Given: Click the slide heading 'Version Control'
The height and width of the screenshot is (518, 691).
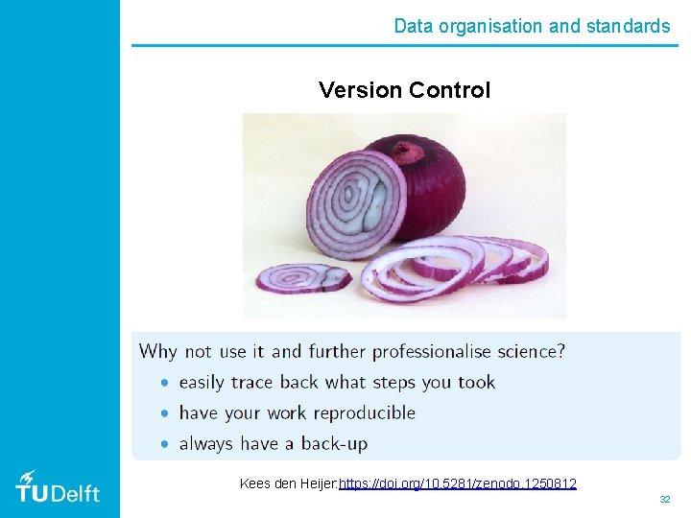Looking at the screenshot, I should [x=404, y=90].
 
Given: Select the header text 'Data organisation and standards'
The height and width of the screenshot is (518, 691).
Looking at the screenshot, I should [x=532, y=26].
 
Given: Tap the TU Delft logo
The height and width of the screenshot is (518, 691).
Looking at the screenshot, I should [x=58, y=488].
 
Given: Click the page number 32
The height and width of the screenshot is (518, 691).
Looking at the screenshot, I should [x=664, y=500].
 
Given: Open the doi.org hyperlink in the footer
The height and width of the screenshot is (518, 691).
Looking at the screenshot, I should [x=458, y=483].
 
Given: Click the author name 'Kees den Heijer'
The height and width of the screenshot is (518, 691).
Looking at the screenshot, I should [x=287, y=483].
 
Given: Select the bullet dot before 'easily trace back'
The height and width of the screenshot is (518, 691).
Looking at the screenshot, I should [x=164, y=383].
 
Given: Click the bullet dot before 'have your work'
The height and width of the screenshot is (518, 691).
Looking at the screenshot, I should [x=164, y=413].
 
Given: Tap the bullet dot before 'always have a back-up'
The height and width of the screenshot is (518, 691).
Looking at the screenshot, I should [x=164, y=444].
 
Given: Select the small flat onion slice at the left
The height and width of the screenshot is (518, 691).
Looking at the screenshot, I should [x=302, y=278].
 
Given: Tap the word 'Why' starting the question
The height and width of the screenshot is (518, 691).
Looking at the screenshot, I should [x=158, y=351].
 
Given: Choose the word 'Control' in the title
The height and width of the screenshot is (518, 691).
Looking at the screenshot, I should [x=449, y=90].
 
